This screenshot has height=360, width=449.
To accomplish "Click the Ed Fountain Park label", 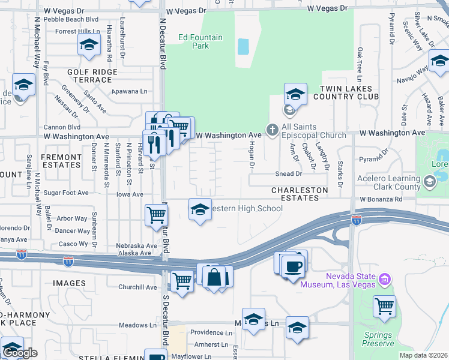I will coord(200,41).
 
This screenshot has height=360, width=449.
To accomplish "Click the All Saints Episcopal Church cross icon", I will coord(272,129).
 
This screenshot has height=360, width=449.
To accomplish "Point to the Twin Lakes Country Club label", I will coord(347,92).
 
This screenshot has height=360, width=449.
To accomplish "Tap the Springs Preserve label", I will coord(378,339).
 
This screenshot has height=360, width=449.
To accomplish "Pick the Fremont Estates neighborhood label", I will coord(61,161).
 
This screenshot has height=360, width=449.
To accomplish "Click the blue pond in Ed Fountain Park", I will coord(243,46).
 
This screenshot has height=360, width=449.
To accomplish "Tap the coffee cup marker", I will coord(293,266).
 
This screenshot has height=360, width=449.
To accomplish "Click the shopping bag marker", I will coord(214,277).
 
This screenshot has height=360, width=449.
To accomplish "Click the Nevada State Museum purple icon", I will coord(385,279).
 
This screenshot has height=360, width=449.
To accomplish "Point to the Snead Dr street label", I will coord(289,174).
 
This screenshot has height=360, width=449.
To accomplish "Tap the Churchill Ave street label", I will coord(137,287).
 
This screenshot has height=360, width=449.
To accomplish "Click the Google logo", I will coord(19,353).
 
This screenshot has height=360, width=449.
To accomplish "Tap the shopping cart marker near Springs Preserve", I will coord(384,307).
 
